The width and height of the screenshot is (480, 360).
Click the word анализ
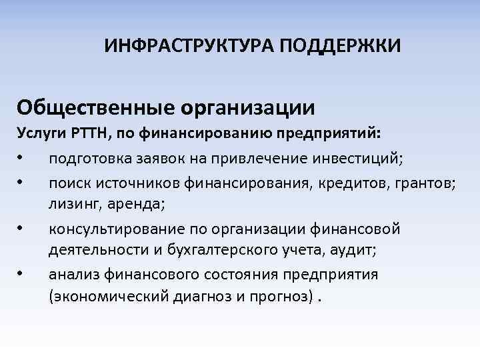click(74, 274)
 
